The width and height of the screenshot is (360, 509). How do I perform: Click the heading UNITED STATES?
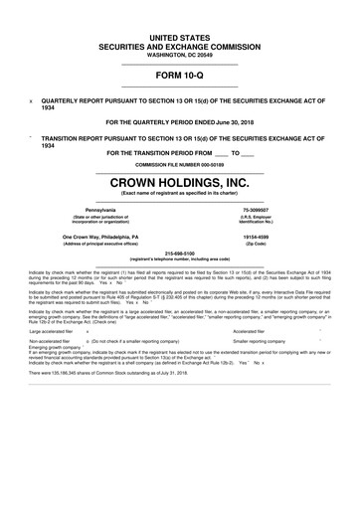click(179, 37)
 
